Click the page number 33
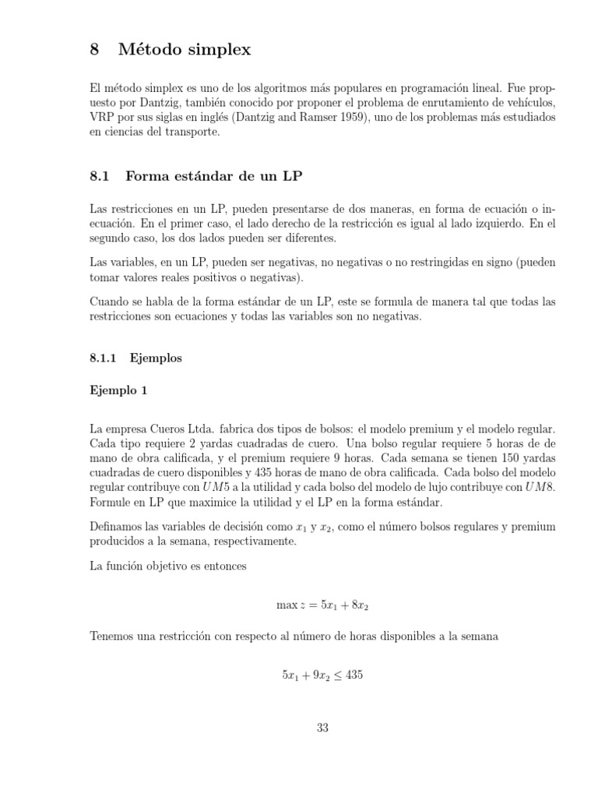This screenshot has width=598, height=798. [x=323, y=729]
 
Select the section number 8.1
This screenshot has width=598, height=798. [x=101, y=177]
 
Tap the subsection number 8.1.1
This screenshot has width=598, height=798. [x=103, y=358]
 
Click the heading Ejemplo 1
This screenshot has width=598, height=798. [x=118, y=392]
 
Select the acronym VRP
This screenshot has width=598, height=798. [x=102, y=118]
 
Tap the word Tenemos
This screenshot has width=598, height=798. [x=113, y=637]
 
